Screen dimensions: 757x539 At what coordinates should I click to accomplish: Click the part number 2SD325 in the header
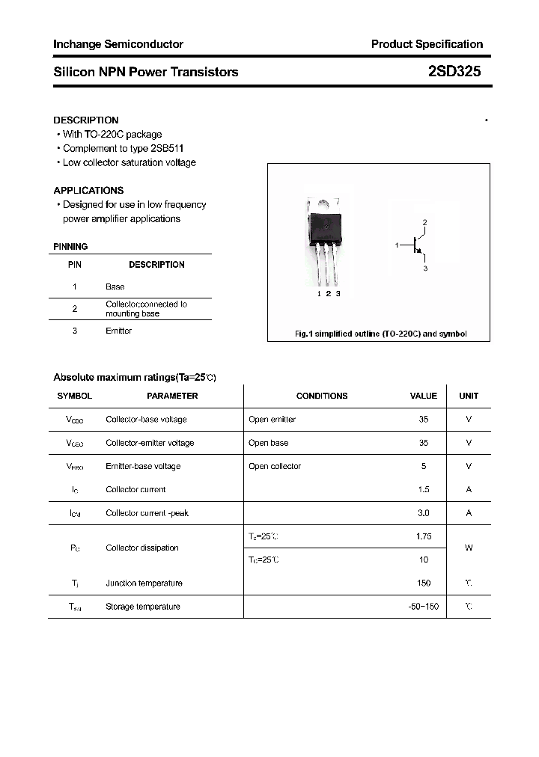click(454, 72)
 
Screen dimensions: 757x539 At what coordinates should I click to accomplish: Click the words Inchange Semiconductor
click(118, 44)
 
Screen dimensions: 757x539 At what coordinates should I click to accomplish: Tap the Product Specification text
click(427, 44)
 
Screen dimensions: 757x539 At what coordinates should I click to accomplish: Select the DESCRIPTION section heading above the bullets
click(85, 120)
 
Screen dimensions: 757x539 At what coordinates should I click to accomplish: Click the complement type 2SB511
click(167, 148)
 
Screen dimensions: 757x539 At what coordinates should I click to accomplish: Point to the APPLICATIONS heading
click(88, 190)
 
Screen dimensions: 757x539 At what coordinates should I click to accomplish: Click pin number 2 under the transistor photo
click(329, 294)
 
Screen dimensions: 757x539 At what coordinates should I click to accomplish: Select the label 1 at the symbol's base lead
click(397, 245)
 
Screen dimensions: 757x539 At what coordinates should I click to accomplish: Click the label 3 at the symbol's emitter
click(425, 267)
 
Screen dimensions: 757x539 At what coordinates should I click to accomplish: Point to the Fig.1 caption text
click(380, 334)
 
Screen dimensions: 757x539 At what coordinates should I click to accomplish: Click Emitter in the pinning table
click(118, 331)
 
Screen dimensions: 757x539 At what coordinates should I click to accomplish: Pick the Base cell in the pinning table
click(115, 286)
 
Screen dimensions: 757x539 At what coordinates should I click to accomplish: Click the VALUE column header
click(423, 396)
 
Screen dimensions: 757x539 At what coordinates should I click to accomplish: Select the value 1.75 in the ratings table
click(423, 536)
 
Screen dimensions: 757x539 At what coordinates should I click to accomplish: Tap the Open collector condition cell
click(274, 466)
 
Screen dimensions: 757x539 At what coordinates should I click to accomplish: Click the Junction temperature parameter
click(144, 583)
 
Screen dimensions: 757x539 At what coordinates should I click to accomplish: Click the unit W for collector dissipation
click(469, 548)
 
